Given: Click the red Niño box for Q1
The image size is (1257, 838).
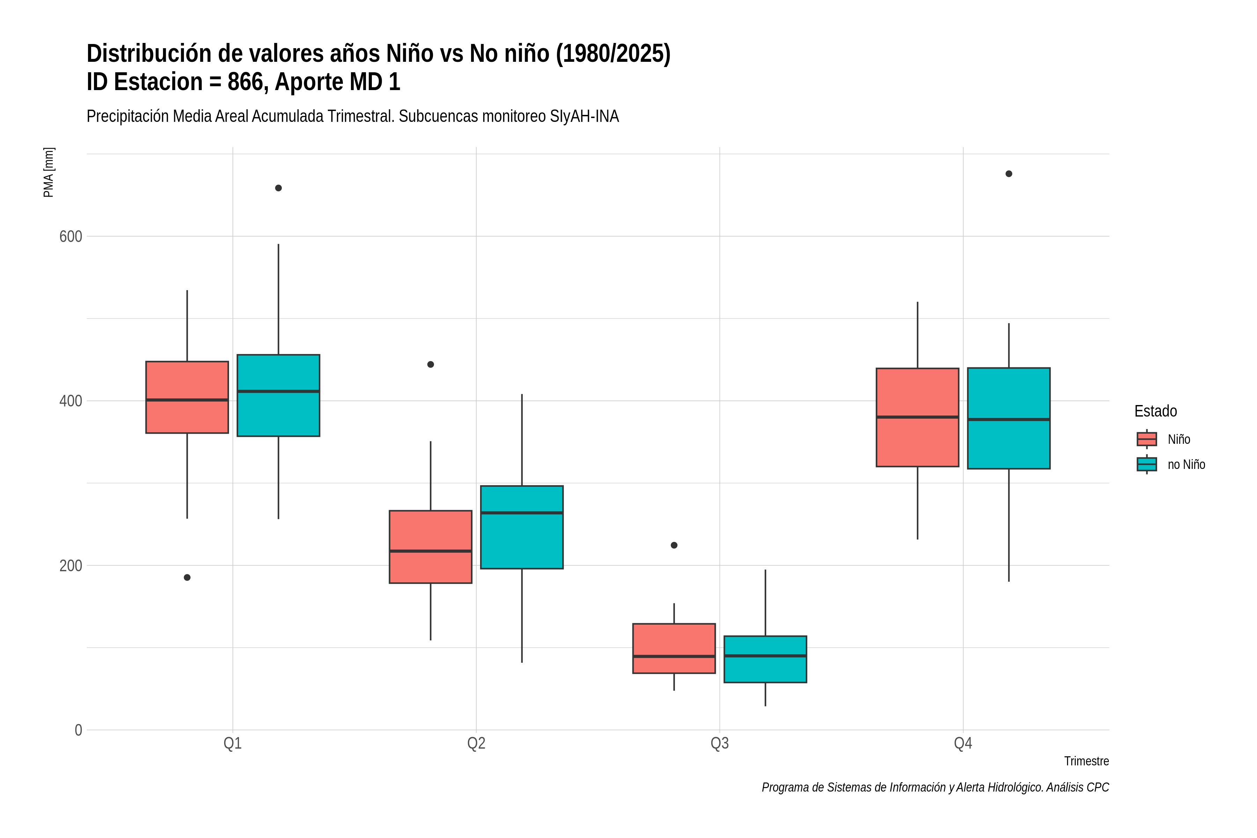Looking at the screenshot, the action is coord(187,397).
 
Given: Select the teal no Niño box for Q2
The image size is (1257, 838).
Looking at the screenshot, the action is coord(522,527).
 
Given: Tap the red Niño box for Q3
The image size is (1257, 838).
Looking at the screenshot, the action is coord(674,648).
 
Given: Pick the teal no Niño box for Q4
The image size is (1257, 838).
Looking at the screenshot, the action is coord(1008,418).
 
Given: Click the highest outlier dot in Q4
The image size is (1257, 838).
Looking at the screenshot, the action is coord(1008,174).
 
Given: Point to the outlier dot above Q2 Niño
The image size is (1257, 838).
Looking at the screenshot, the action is coord(431,365).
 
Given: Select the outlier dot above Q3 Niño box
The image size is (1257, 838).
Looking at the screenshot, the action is coord(674,545).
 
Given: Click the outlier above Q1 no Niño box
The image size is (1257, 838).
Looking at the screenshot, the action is coord(278,188).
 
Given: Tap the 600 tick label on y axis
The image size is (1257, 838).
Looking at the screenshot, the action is coord(71,236).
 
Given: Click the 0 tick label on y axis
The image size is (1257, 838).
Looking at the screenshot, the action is coord(78,730).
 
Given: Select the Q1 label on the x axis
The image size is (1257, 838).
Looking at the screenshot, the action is coord(233,743).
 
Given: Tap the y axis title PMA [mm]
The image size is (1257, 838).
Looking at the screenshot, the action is coord(49,172).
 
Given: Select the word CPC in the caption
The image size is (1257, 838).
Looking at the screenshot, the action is coord(1098,787).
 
